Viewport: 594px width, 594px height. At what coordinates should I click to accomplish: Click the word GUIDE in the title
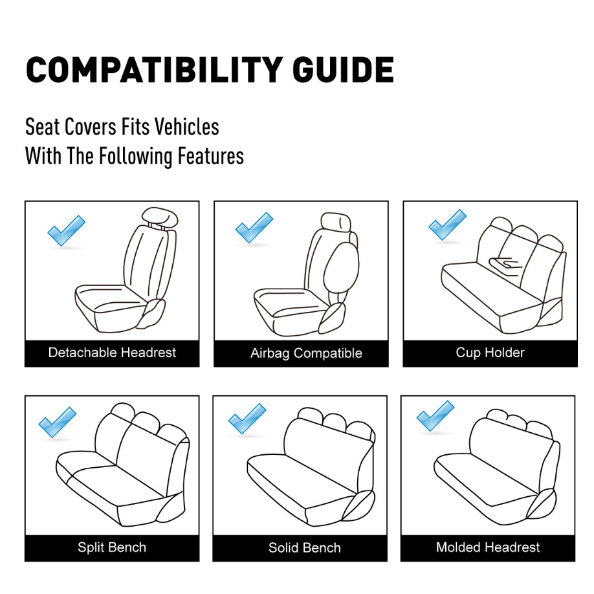tap(343, 70)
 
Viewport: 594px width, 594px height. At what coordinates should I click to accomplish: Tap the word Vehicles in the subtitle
tap(187, 127)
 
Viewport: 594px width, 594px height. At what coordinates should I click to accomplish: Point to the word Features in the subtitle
tap(211, 156)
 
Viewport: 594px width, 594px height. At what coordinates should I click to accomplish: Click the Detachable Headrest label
tap(112, 353)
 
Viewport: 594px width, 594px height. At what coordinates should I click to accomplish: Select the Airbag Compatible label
tap(306, 353)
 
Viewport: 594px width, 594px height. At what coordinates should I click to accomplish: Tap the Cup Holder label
tap(490, 353)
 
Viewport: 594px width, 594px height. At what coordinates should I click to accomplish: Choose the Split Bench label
tap(112, 547)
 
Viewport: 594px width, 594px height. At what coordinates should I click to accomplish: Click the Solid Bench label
tap(305, 548)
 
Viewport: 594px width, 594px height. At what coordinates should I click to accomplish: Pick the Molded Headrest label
tap(488, 547)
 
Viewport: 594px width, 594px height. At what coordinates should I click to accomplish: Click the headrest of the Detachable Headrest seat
tap(160, 217)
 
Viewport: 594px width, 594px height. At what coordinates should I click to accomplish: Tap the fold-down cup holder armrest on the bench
tap(506, 265)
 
